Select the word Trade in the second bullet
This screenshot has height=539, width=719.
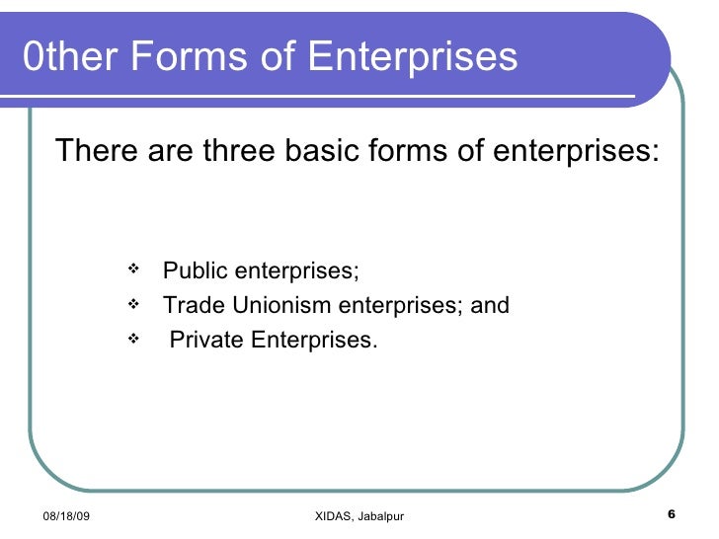pyautogui.click(x=189, y=306)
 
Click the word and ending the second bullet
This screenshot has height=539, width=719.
pyautogui.click(x=490, y=306)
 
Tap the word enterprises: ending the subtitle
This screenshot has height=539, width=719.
pyautogui.click(x=574, y=152)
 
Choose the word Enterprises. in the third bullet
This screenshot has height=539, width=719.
pyautogui.click(x=314, y=341)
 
